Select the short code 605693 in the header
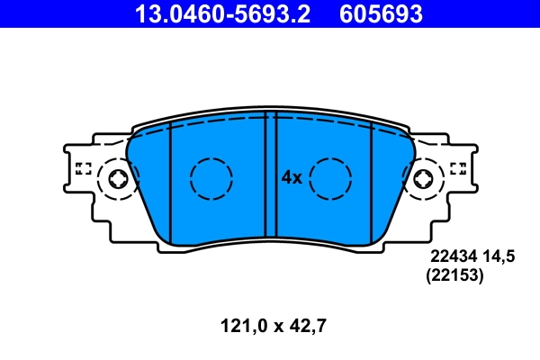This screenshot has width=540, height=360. point(381,13)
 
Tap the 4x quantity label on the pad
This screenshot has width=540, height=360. point(290,178)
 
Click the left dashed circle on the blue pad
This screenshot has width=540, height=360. point(211,178)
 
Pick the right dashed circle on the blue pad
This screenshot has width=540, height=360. point(329,178)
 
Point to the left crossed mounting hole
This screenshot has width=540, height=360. point(117,180)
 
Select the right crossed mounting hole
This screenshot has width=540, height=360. point(423,180)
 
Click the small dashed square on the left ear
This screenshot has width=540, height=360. point(84,167)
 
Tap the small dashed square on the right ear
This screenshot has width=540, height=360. point(457,167)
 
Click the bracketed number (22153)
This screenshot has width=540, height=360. point(454,277)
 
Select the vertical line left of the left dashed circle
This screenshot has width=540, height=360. point(171,180)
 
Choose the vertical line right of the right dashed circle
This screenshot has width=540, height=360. point(371,180)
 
